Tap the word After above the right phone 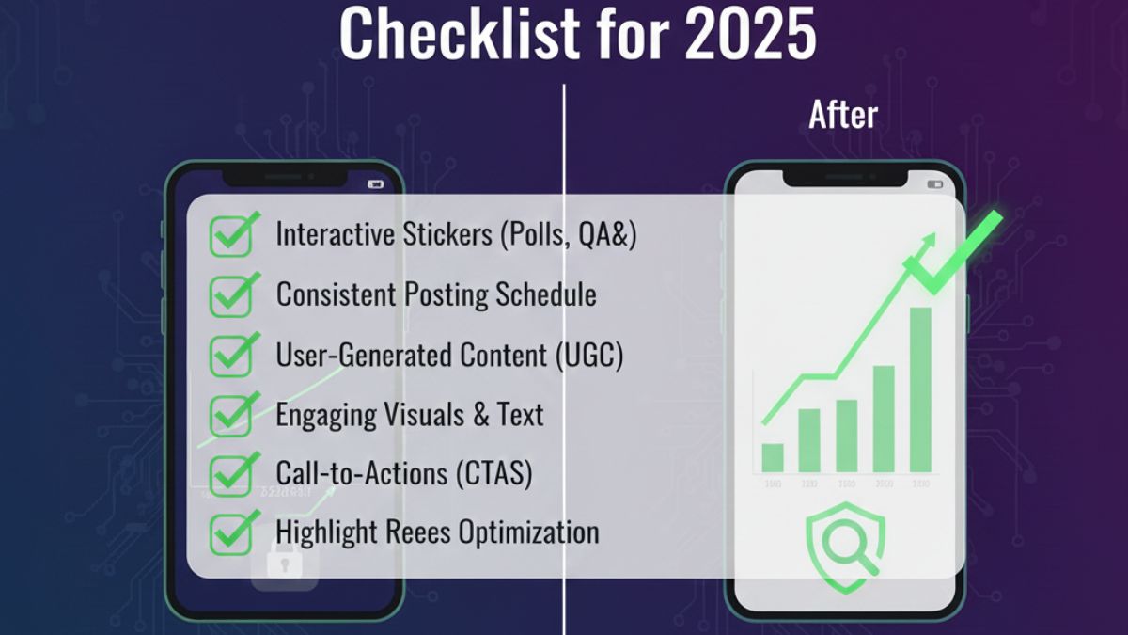pyautogui.click(x=843, y=115)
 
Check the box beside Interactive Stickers pyautogui.click(x=230, y=236)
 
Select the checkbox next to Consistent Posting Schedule pyautogui.click(x=230, y=295)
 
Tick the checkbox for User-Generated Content pyautogui.click(x=230, y=356)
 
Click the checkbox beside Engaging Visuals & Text pyautogui.click(x=230, y=415)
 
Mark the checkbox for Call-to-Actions pyautogui.click(x=230, y=474)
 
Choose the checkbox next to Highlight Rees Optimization pyautogui.click(x=230, y=533)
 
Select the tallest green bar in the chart pyautogui.click(x=920, y=389)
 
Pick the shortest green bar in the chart pyautogui.click(x=773, y=457)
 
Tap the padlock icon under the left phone pyautogui.click(x=285, y=565)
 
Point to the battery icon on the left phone pyautogui.click(x=377, y=184)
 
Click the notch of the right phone pyautogui.click(x=845, y=176)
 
